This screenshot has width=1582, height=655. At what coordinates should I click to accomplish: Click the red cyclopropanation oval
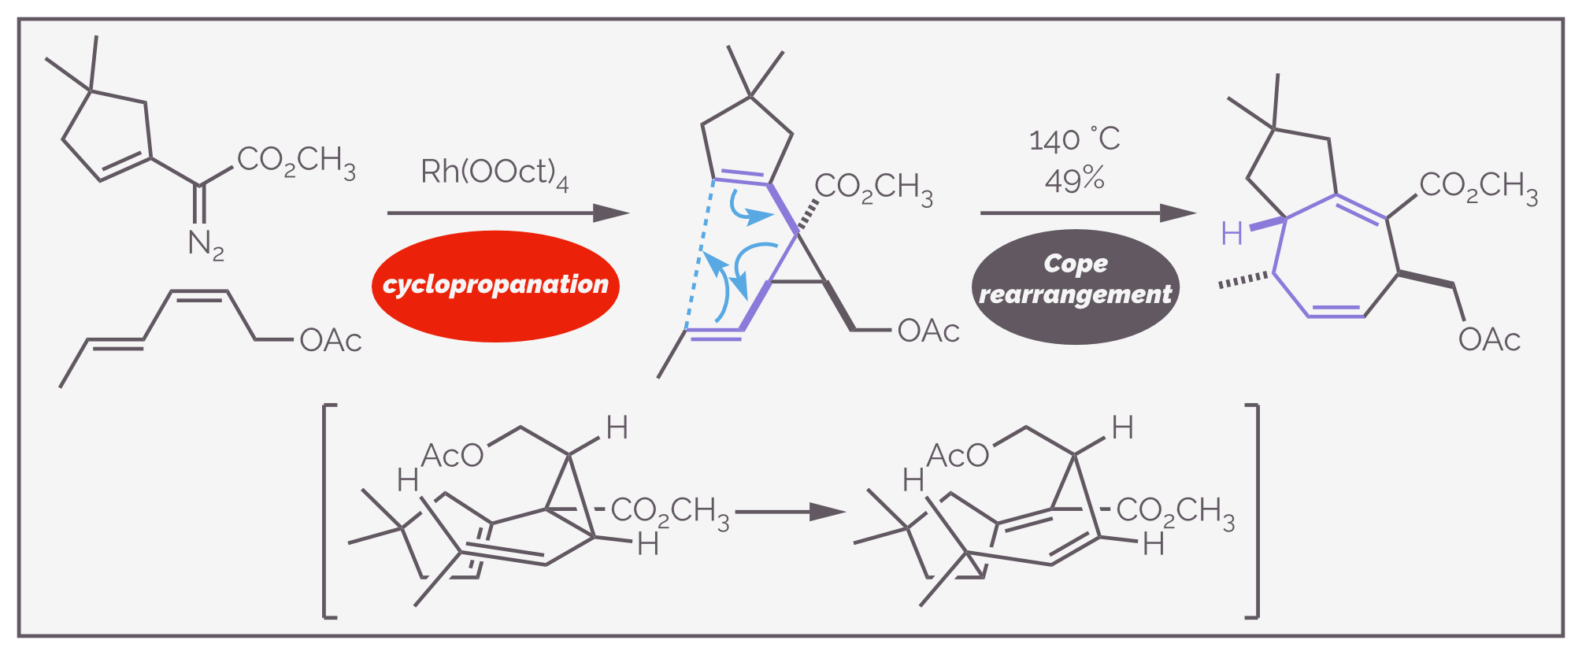[x=495, y=286]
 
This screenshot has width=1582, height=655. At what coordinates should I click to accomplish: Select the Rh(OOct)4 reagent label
[x=495, y=172]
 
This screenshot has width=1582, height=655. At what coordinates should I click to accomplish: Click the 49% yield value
[x=1074, y=180]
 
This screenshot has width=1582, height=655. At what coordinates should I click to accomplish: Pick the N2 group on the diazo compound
[x=206, y=245]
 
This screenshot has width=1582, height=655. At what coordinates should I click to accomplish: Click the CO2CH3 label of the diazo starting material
[x=296, y=162]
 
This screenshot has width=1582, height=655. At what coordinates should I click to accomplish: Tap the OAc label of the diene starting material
[x=331, y=341]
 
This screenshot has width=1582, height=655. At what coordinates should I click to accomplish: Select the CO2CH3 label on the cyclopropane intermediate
[x=873, y=189]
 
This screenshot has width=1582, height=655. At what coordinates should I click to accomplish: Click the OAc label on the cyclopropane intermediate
[x=928, y=331]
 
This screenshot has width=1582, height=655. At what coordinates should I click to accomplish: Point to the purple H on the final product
[x=1232, y=233]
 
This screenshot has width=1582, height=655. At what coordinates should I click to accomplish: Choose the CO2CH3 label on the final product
[x=1478, y=187]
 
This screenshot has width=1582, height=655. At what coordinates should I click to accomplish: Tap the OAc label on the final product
[x=1489, y=340]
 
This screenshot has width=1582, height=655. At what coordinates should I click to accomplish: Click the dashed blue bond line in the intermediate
[x=700, y=254]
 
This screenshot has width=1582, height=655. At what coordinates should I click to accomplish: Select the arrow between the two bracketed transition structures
[x=790, y=512]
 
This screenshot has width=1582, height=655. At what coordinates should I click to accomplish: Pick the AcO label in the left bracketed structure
[x=452, y=456]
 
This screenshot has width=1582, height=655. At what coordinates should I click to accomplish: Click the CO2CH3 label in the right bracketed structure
[x=1175, y=513]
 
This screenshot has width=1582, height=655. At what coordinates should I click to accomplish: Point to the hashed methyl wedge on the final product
[x=1245, y=279]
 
